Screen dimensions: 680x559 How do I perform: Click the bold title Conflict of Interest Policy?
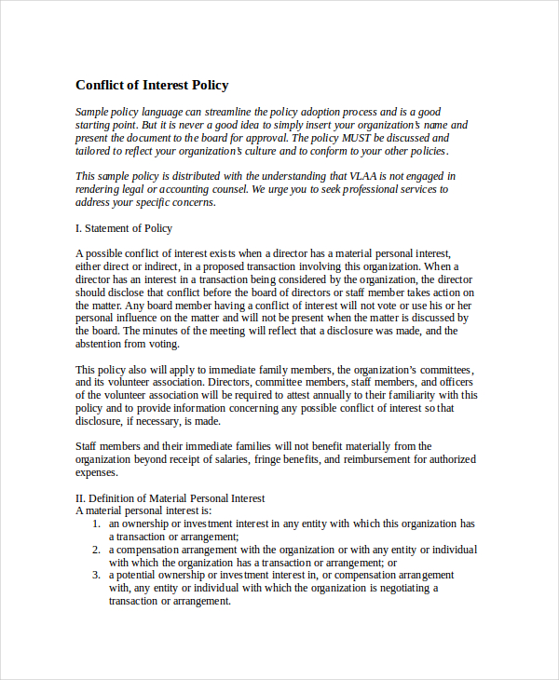pyautogui.click(x=152, y=85)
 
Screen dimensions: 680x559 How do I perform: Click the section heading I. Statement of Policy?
pyautogui.click(x=123, y=228)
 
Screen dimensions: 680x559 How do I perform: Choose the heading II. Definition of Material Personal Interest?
pyautogui.click(x=170, y=498)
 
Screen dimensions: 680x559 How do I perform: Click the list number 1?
pyautogui.click(x=96, y=524)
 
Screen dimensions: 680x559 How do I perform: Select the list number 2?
pyautogui.click(x=96, y=550)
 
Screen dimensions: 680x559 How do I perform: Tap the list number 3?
pyautogui.click(x=96, y=576)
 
